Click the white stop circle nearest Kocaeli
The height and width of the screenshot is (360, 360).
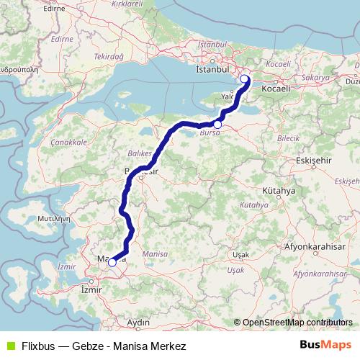[x=244, y=79]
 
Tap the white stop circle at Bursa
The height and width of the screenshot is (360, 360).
[x=217, y=125]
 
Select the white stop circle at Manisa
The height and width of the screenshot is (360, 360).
[x=112, y=263]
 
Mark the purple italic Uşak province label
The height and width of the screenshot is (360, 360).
[x=235, y=270]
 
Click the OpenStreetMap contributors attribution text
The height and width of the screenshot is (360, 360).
[x=297, y=323]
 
